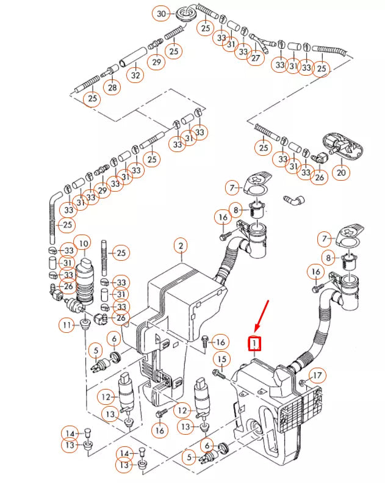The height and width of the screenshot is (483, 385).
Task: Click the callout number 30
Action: click(162, 13)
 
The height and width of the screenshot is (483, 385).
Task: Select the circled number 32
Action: click(135, 76)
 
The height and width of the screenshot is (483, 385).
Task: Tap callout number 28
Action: click(112, 88)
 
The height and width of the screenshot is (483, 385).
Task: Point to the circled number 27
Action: click(255, 58)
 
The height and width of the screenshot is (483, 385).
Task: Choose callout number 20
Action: click(341, 173)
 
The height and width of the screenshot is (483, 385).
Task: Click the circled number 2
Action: click(181, 246)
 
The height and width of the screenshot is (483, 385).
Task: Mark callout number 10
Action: click(84, 244)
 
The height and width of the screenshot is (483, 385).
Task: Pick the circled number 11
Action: click(67, 325)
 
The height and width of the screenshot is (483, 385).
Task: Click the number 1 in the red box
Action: click(253, 344)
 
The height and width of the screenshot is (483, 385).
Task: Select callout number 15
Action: click(222, 359)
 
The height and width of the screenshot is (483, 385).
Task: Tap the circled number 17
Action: click(316, 375)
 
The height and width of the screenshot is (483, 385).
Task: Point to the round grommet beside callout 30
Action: click(184, 12)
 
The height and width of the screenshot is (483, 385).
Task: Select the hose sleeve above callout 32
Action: click(130, 61)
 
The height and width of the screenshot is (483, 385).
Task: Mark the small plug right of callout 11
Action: click(84, 322)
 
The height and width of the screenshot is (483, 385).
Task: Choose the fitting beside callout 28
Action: click(112, 70)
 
